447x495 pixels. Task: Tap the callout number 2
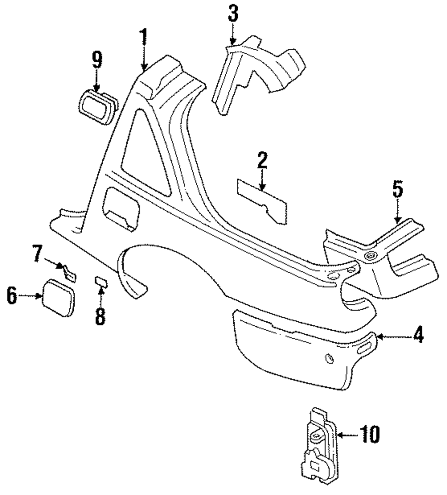coord(262,161)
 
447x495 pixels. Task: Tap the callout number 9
coord(97,60)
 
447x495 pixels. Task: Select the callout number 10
coord(370,435)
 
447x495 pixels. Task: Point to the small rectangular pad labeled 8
coord(101,281)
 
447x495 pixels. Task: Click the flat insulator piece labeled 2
coord(262,197)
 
